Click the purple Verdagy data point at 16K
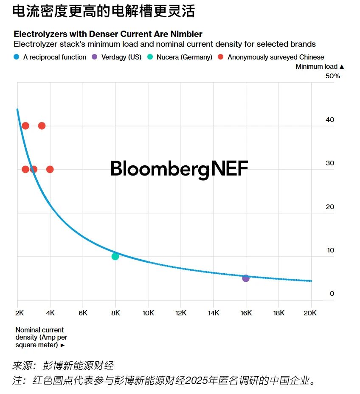pyautogui.click(x=246, y=278)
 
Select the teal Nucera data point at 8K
pyautogui.click(x=115, y=256)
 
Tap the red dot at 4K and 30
pyautogui.click(x=50, y=169)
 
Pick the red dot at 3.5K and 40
pyautogui.click(x=42, y=125)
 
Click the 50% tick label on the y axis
pyautogui.click(x=333, y=76)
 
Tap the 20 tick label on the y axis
pyautogui.click(x=330, y=207)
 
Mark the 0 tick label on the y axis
pyautogui.click(x=332, y=294)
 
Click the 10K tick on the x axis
pyautogui.click(x=148, y=313)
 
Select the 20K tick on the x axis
pyautogui.click(x=311, y=313)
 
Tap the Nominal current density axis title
pyautogui.click(x=40, y=337)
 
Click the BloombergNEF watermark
pyautogui.click(x=179, y=169)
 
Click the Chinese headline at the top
pyautogui.click(x=104, y=11)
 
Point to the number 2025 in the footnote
pyautogui.click(x=197, y=380)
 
